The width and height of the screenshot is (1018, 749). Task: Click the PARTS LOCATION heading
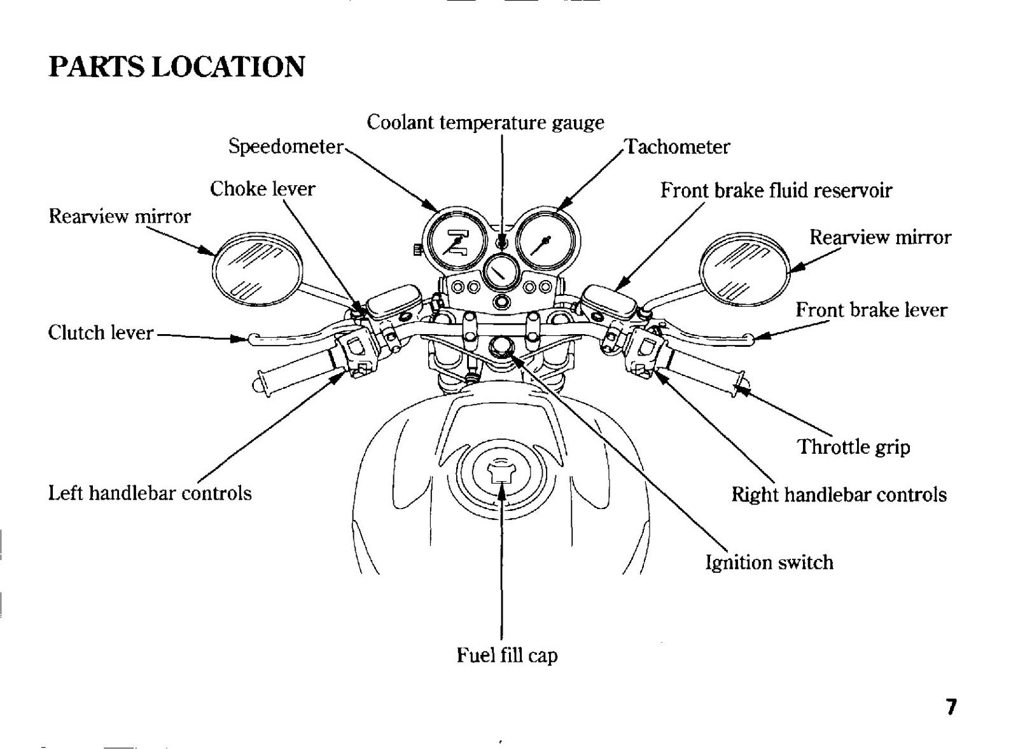[x=176, y=67]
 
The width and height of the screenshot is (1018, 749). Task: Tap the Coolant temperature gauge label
[x=485, y=123]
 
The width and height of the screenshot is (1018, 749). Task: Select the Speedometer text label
[x=286, y=147]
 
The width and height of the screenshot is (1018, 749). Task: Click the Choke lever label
[x=262, y=188]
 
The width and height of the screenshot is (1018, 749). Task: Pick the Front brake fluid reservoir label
[x=776, y=190]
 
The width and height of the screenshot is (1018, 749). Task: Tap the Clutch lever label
[x=101, y=333]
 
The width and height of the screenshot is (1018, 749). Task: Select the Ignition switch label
[x=769, y=563]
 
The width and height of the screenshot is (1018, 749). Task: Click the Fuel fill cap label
[x=506, y=655]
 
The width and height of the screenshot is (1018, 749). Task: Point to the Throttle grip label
[x=854, y=447]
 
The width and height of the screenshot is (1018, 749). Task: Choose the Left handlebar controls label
[x=150, y=493]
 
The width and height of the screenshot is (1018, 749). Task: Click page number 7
[x=951, y=707]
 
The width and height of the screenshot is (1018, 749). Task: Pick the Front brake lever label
[x=871, y=310]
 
